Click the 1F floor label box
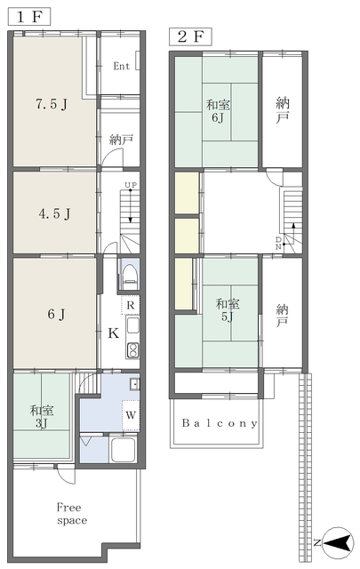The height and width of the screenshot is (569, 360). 29,17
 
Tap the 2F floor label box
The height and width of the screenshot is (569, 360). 190,36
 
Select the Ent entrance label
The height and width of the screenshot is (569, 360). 121,66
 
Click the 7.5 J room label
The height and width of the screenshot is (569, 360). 52,105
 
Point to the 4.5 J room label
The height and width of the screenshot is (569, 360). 54,213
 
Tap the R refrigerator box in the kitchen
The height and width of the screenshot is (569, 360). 131,305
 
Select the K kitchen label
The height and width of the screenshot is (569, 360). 113,333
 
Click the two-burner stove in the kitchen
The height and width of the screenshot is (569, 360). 132,350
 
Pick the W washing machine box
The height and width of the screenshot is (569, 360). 131,415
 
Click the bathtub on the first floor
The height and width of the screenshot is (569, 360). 124,449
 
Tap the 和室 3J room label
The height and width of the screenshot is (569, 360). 42,417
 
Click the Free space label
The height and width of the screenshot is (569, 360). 72,514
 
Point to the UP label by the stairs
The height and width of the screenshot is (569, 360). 131,186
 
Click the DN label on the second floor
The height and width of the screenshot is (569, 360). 278,243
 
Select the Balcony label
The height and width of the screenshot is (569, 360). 220,423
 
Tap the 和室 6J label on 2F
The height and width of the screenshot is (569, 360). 218,111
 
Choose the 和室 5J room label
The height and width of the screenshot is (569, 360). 228,310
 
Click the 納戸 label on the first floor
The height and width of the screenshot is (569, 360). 121,140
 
